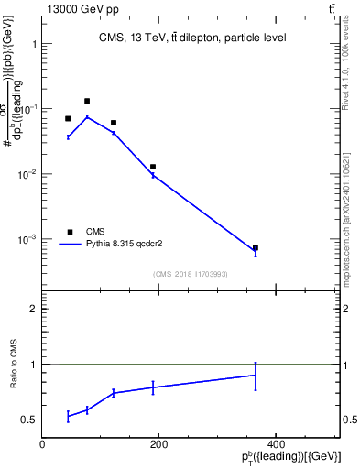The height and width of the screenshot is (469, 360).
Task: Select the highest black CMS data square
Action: pos(87,101)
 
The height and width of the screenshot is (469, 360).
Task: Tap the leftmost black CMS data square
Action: pos(68,118)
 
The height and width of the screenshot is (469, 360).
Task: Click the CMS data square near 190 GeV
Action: pos(153,167)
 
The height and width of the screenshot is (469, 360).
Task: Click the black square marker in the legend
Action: pos(68,232)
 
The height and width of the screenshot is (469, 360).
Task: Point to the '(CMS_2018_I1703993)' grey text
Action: pos(191,274)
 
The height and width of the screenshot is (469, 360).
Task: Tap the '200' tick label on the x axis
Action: pos(158,443)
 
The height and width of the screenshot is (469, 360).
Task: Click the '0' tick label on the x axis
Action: pos(42,443)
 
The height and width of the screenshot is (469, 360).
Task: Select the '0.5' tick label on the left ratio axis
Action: pos(29,420)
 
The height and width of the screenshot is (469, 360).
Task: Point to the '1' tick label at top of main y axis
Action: pos(33,43)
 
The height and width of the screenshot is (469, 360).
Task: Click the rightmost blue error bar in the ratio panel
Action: pos(256,376)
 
